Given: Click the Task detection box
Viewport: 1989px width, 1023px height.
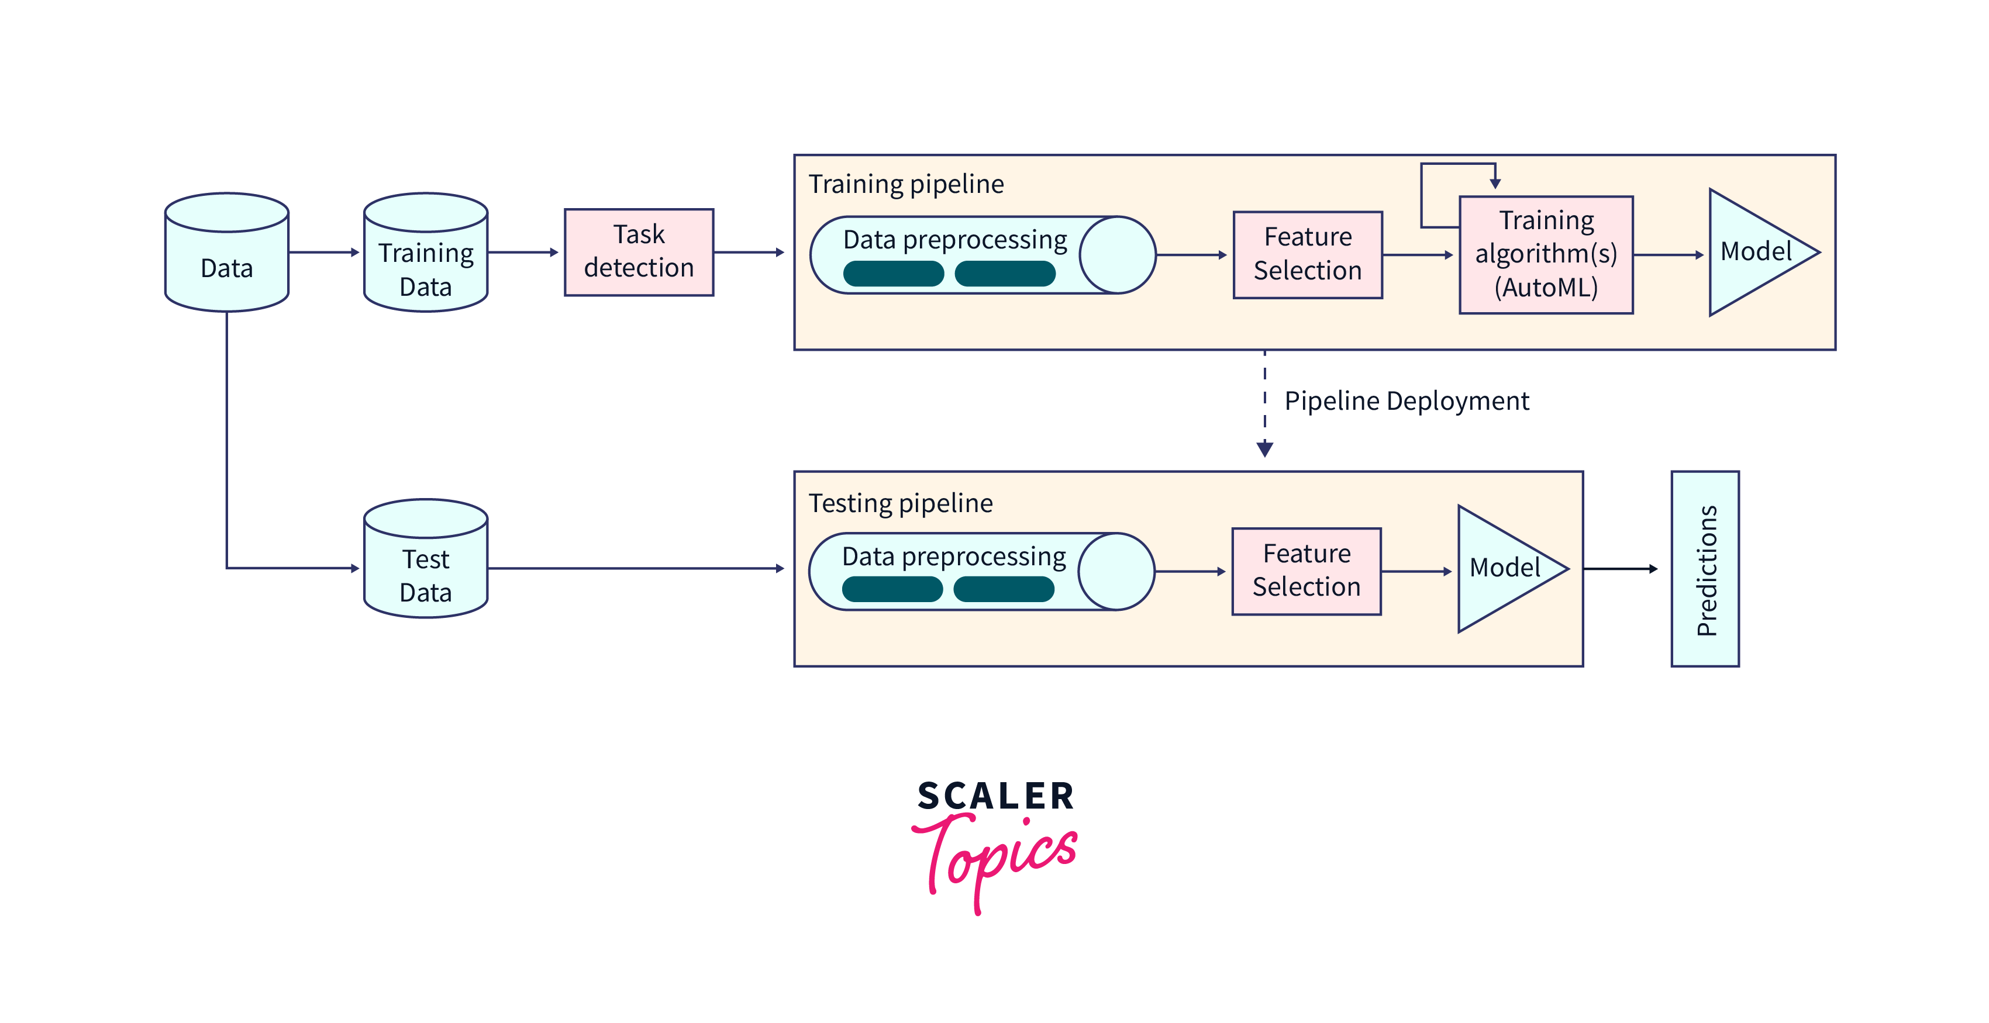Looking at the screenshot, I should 639,253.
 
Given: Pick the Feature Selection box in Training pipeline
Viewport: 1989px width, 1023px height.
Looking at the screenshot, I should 1307,255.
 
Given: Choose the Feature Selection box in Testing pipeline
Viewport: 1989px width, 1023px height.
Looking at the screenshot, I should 1307,571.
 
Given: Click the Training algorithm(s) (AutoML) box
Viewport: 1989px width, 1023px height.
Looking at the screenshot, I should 1546,255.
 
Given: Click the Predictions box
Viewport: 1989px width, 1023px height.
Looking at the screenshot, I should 1705,569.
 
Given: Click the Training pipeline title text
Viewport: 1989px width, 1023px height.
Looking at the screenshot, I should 906,185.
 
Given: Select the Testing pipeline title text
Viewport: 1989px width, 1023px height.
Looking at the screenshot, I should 900,503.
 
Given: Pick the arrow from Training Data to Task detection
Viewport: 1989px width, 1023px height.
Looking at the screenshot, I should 523,253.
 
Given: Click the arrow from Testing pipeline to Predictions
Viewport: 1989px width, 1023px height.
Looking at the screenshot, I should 1620,569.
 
